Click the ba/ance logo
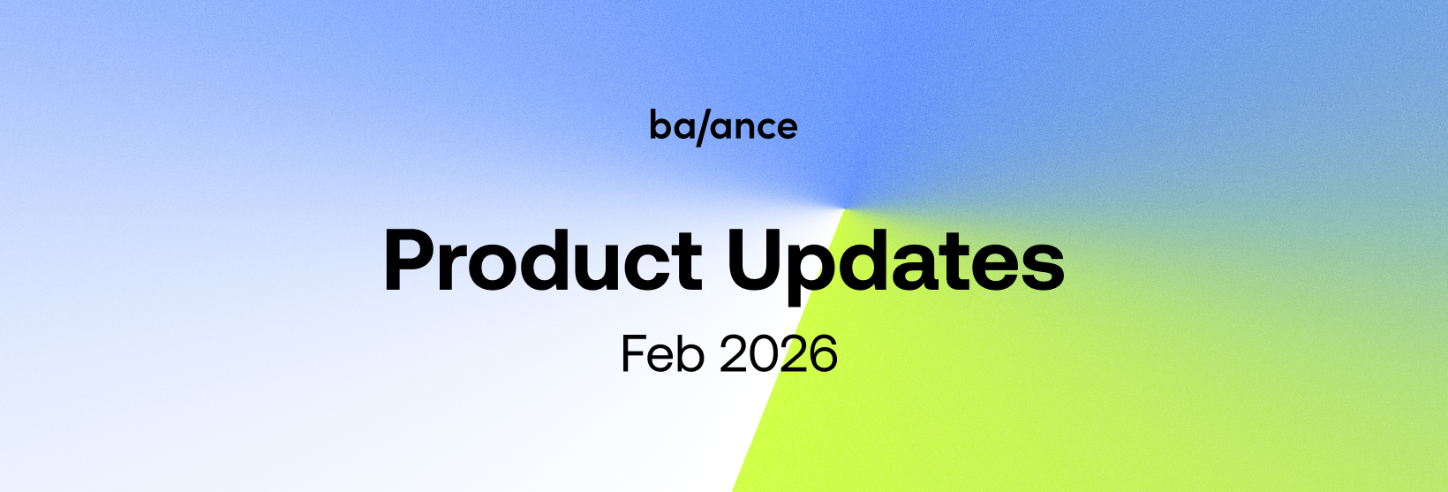(723, 126)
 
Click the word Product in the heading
(543, 261)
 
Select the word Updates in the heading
(896, 266)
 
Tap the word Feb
(662, 353)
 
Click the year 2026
(779, 353)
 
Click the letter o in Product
(496, 269)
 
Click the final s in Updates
(1041, 269)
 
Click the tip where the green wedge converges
(844, 208)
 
